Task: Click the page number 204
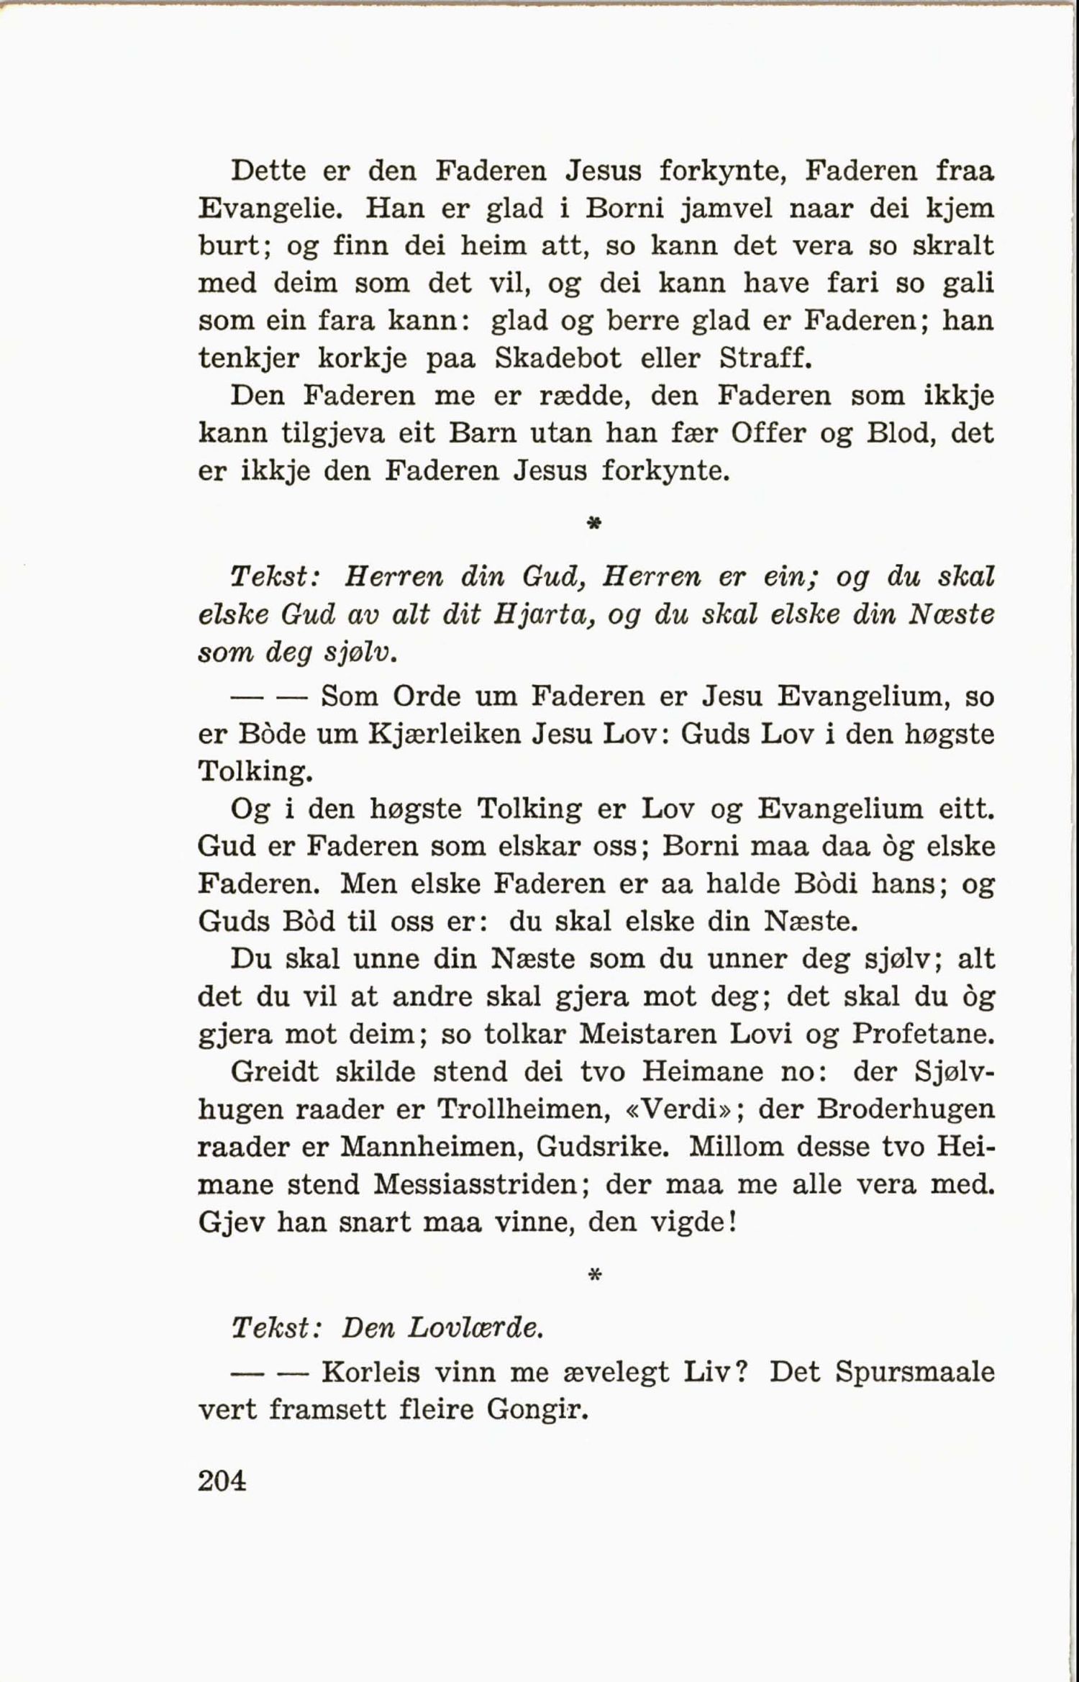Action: click(x=222, y=1481)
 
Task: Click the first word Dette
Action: click(x=268, y=171)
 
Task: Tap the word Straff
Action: click(x=765, y=358)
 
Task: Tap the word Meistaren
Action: click(x=647, y=1035)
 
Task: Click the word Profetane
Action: click(x=924, y=1035)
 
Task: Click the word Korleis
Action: click(x=370, y=1373)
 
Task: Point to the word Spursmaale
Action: click(x=915, y=1373)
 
